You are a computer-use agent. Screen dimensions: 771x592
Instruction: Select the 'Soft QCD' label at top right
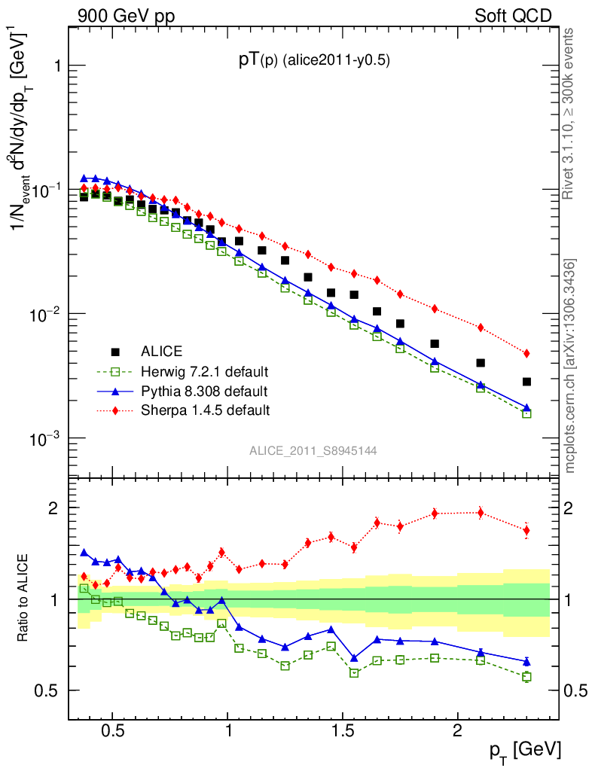tap(513, 16)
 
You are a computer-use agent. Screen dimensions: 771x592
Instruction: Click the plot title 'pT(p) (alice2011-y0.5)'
tap(313, 62)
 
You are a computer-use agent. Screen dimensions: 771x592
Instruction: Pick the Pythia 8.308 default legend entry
tap(203, 391)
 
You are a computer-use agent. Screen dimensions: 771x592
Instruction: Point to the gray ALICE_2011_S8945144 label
tap(313, 450)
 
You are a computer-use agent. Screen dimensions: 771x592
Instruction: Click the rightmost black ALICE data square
tap(526, 382)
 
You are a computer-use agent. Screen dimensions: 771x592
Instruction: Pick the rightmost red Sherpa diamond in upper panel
tap(526, 353)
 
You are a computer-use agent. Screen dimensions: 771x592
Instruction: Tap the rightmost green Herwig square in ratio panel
tap(526, 677)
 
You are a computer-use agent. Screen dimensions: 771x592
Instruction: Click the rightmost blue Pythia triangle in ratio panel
tap(526, 661)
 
